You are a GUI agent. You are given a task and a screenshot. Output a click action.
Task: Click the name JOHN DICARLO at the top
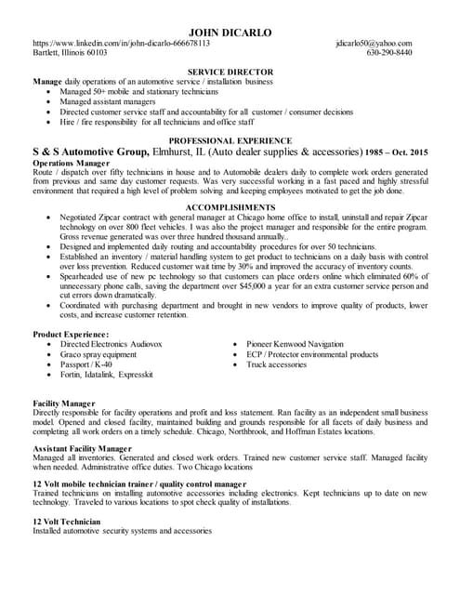point(230,33)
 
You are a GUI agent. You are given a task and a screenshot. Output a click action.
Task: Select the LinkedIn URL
point(121,44)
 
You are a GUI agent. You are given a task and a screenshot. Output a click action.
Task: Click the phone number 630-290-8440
point(389,53)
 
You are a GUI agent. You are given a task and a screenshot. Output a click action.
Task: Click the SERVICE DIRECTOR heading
point(230,72)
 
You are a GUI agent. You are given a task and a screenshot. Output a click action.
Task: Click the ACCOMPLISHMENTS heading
point(230,206)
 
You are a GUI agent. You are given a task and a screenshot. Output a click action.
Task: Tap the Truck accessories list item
point(276,364)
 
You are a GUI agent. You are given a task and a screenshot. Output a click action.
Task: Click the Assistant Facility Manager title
point(82,449)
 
